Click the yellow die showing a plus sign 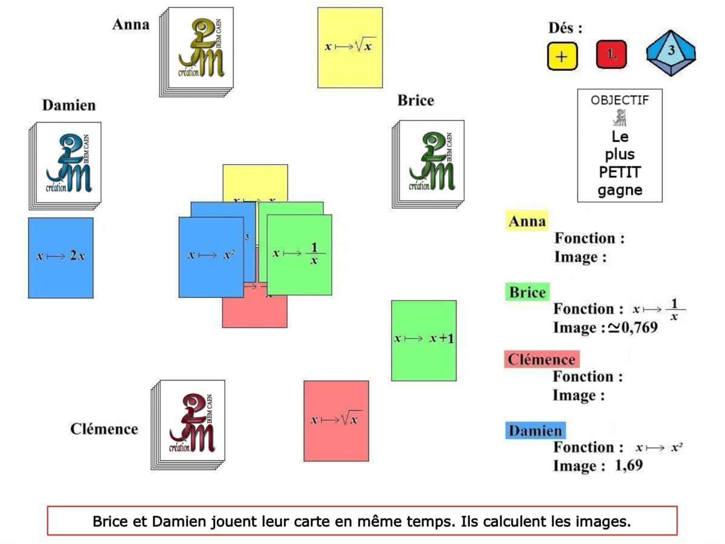coord(562,56)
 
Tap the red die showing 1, coord(611,55)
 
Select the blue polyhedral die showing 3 coord(671,54)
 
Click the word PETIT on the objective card coord(619,173)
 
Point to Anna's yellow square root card coord(350,47)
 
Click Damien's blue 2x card coord(60,257)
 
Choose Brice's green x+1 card coord(424,340)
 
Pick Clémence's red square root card coord(336,420)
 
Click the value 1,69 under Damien coord(628,466)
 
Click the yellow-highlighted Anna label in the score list coord(527,221)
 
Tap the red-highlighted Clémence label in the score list coord(541,360)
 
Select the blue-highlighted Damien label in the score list coord(535,431)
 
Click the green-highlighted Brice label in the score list coord(527,293)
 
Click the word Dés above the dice coord(565,28)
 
